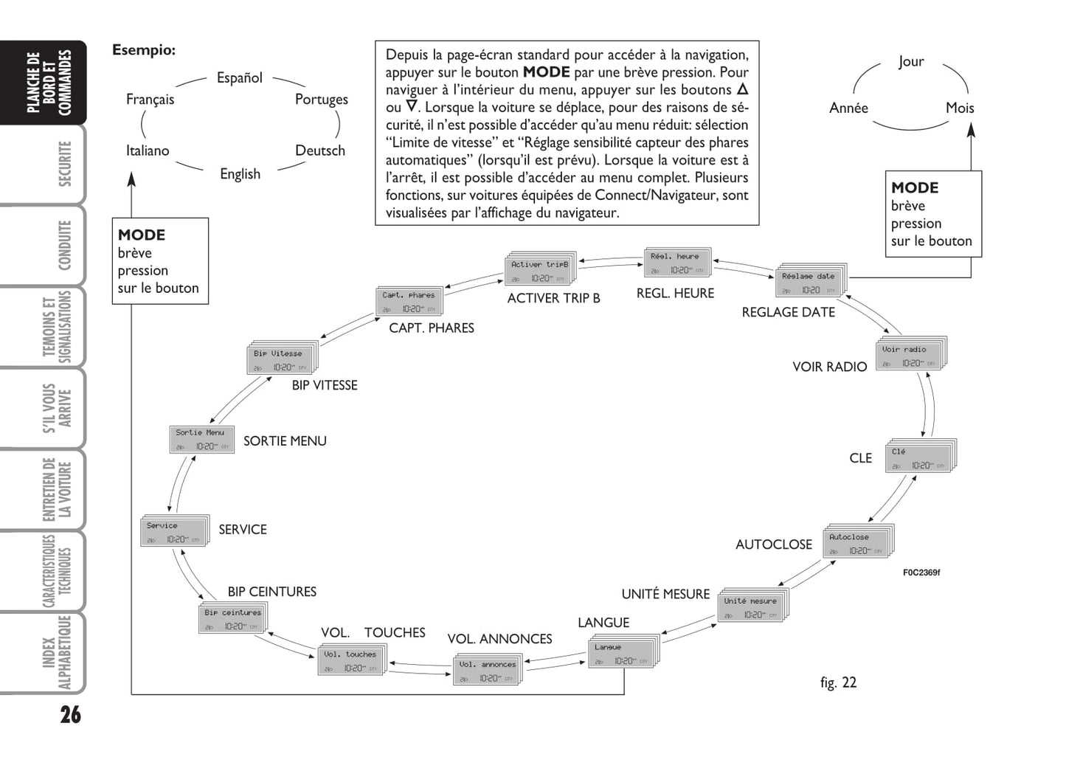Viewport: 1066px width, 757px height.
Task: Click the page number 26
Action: pyautogui.click(x=70, y=714)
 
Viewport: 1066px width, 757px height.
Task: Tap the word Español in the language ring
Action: pyautogui.click(x=239, y=77)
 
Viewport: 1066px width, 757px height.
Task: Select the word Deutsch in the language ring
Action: pyautogui.click(x=319, y=151)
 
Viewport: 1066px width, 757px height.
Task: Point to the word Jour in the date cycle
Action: pyautogui.click(x=911, y=61)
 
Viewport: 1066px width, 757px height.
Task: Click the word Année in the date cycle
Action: pyautogui.click(x=848, y=108)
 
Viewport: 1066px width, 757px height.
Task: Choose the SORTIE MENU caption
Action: pyautogui.click(x=285, y=440)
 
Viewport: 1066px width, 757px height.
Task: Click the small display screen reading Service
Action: pyautogui.click(x=173, y=532)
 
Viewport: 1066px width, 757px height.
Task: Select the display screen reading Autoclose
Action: pyautogui.click(x=856, y=543)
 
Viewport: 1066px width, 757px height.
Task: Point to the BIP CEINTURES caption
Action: pyautogui.click(x=271, y=592)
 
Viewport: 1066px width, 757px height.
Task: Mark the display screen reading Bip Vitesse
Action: pyautogui.click(x=281, y=360)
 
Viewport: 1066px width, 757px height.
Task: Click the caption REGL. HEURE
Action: pyautogui.click(x=675, y=293)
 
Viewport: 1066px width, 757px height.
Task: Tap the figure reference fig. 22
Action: pyautogui.click(x=838, y=682)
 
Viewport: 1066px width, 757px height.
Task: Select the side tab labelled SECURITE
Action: pyautogui.click(x=65, y=164)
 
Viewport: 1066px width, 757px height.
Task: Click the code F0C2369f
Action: pyautogui.click(x=921, y=573)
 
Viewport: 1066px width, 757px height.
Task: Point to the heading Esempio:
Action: pyautogui.click(x=144, y=50)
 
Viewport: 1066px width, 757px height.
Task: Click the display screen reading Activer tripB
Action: pyautogui.click(x=539, y=271)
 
